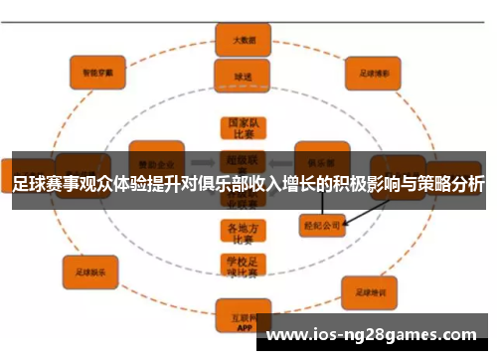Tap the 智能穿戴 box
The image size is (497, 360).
97,70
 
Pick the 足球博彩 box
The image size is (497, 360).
373,71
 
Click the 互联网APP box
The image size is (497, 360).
243,318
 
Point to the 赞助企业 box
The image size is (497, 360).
156,158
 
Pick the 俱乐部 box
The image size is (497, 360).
321,158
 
